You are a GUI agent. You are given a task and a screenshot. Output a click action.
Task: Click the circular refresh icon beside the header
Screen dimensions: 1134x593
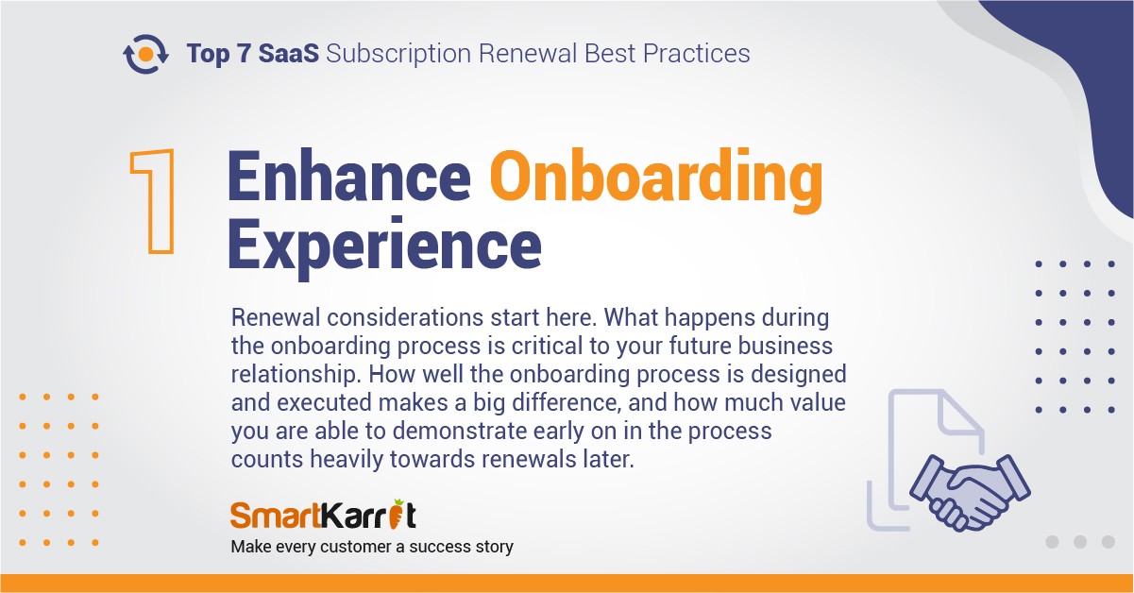(145, 54)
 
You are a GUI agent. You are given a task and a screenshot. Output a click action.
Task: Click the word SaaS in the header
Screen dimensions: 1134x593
(289, 54)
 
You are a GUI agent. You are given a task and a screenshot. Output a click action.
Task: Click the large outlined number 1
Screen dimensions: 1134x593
(153, 201)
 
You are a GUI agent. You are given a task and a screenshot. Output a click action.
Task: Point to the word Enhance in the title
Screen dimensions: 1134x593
(349, 176)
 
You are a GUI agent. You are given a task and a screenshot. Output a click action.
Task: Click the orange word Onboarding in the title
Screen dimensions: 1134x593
(656, 179)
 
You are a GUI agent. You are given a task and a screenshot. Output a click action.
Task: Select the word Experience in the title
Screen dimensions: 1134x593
(384, 247)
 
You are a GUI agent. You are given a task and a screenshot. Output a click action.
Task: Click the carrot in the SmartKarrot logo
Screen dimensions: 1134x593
(398, 514)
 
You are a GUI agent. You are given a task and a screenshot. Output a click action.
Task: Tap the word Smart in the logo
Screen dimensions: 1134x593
(276, 516)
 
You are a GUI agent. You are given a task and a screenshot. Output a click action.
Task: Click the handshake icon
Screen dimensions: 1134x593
(970, 492)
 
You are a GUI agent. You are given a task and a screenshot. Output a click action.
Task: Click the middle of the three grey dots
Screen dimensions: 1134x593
(1080, 542)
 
